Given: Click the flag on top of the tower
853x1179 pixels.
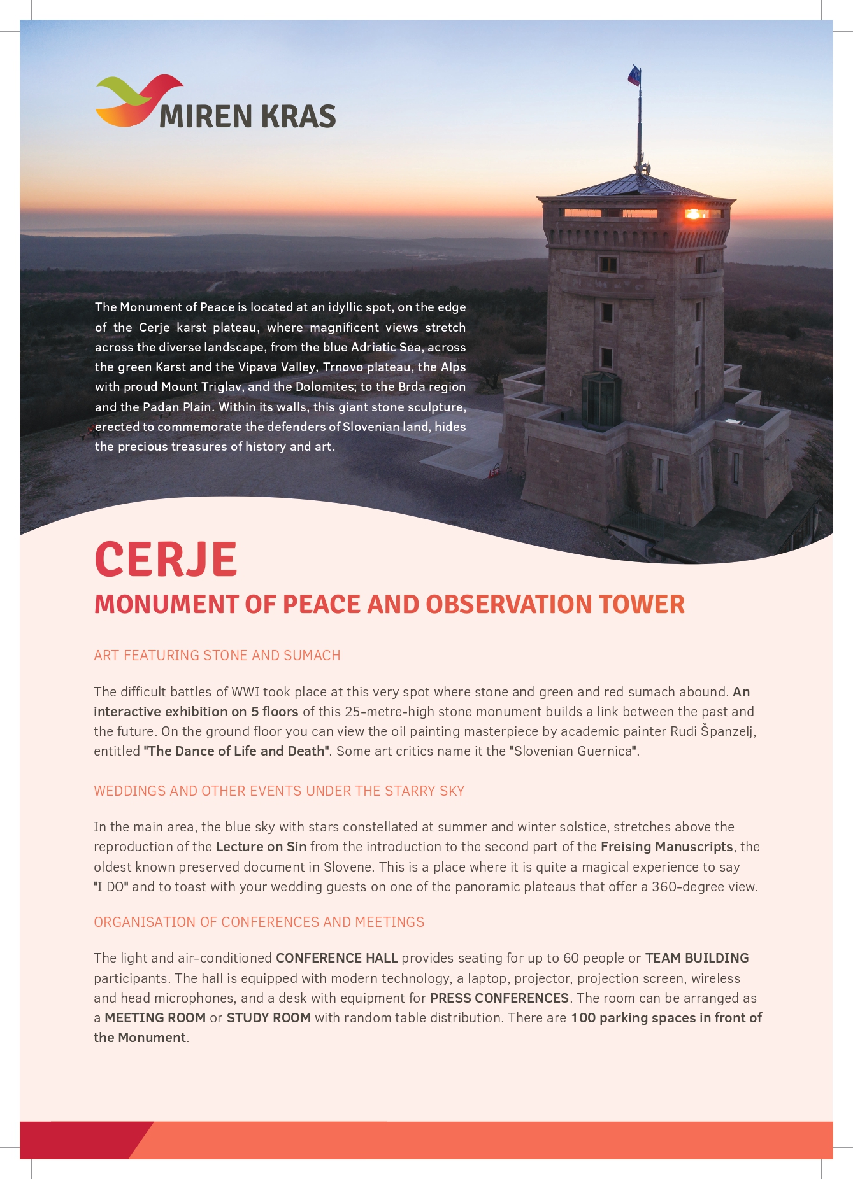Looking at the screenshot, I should click(634, 76).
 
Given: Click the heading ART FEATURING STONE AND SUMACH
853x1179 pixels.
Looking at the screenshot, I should click(217, 655).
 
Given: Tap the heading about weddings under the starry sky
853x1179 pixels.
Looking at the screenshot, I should click(279, 791).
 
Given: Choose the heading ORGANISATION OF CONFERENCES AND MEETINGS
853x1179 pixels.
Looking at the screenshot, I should click(259, 922).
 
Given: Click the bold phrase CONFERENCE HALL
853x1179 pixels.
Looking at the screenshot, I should click(336, 958).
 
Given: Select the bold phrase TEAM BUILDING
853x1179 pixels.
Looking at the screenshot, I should click(697, 958).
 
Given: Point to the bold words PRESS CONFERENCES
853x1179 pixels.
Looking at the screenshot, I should click(499, 998).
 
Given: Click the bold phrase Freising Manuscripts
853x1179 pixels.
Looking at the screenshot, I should click(666, 847).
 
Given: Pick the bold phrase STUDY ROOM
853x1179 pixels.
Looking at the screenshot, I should click(269, 1017).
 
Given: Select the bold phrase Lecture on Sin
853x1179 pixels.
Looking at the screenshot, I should click(261, 847).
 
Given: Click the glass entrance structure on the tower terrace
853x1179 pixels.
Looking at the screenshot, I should click(600, 400).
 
